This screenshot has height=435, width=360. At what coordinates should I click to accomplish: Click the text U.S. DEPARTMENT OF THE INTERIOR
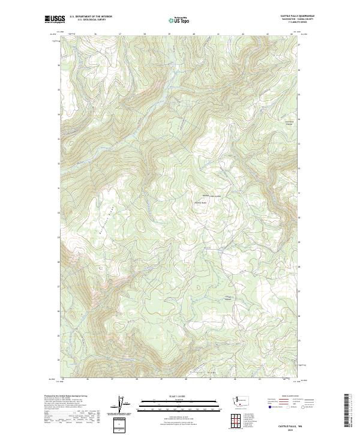pyautogui.click(x=91, y=16)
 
